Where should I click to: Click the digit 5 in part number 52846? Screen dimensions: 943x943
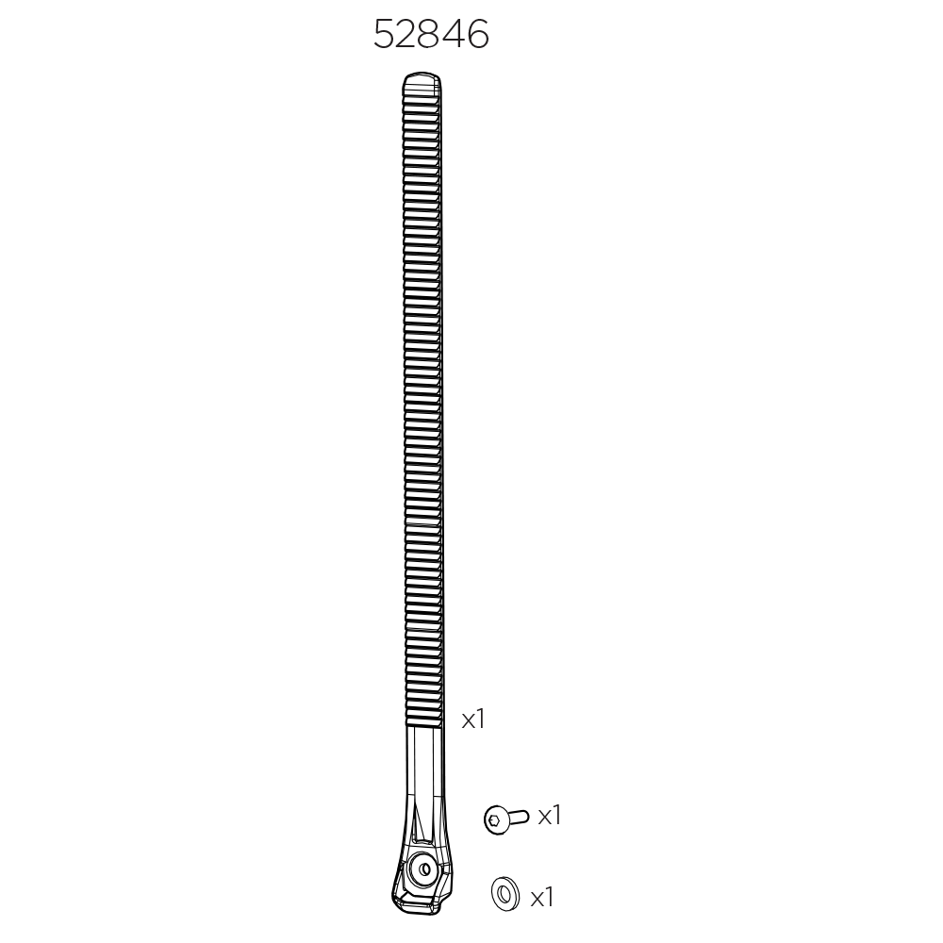click(385, 36)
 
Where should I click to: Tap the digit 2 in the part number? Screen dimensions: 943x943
click(408, 36)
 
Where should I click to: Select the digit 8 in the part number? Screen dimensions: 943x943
click(432, 36)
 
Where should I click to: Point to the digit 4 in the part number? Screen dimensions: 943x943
click(455, 36)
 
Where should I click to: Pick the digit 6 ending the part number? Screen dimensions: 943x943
click(478, 36)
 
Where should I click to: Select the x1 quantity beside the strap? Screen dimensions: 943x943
click(472, 720)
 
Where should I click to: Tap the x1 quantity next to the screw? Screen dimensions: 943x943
click(549, 816)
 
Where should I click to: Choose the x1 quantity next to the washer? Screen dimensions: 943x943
click(541, 898)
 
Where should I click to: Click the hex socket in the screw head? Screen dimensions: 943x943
click(492, 820)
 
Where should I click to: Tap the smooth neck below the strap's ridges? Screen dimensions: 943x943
click(424, 754)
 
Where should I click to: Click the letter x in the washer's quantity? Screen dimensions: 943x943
click(536, 900)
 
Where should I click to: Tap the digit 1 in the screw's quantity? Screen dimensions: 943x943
click(556, 816)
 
